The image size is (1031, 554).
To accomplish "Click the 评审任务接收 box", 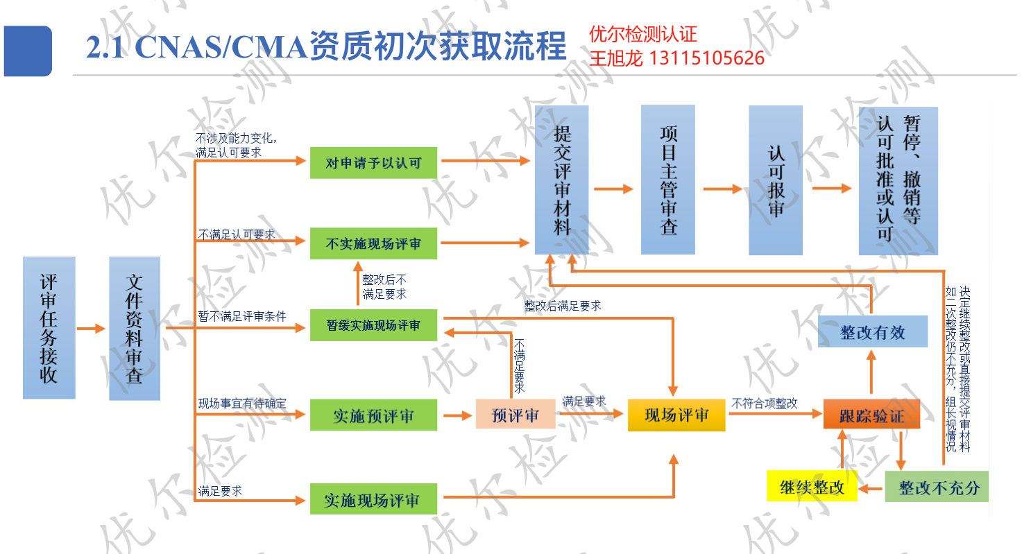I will click(x=49, y=327).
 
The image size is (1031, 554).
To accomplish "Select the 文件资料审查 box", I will click(x=135, y=329).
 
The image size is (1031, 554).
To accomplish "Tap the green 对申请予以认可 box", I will click(x=373, y=163).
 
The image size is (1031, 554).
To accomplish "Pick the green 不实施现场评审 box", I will click(x=373, y=243).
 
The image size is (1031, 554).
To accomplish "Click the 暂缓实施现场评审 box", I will click(x=373, y=324).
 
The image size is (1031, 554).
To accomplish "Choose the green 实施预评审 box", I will click(x=373, y=415).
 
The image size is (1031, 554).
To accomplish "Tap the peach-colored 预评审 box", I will click(x=515, y=415).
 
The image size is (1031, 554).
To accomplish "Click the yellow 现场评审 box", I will click(x=676, y=415).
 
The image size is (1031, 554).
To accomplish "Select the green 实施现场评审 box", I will click(x=373, y=500).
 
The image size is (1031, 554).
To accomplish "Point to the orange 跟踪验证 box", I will click(x=871, y=415).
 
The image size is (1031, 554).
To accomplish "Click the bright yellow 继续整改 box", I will click(x=812, y=487).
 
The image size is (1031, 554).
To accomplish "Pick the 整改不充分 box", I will click(x=937, y=487).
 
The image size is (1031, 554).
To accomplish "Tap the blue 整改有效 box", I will click(x=872, y=331).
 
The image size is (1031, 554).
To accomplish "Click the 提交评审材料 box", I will click(x=561, y=180).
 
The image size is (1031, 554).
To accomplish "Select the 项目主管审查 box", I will click(x=667, y=180).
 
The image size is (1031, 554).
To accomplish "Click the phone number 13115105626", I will click(x=706, y=58).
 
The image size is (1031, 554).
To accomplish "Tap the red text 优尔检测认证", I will click(x=642, y=34).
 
